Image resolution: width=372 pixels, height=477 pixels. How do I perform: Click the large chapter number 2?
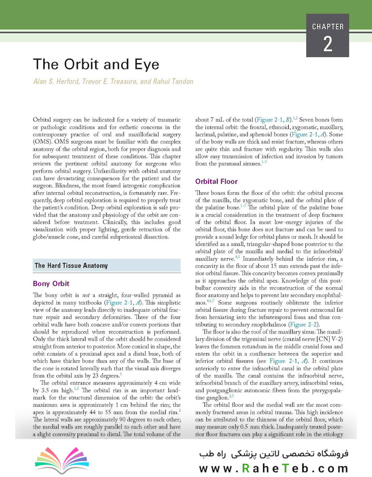[x=328, y=44]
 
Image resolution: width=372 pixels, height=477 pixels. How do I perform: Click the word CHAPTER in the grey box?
[x=328, y=26]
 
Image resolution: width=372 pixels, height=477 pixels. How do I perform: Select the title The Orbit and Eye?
[x=96, y=64]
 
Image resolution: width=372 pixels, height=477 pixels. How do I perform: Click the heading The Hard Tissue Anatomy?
[x=71, y=265]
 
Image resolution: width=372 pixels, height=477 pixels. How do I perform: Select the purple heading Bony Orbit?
[x=51, y=284]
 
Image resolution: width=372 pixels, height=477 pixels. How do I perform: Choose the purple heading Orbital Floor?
[x=216, y=181]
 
